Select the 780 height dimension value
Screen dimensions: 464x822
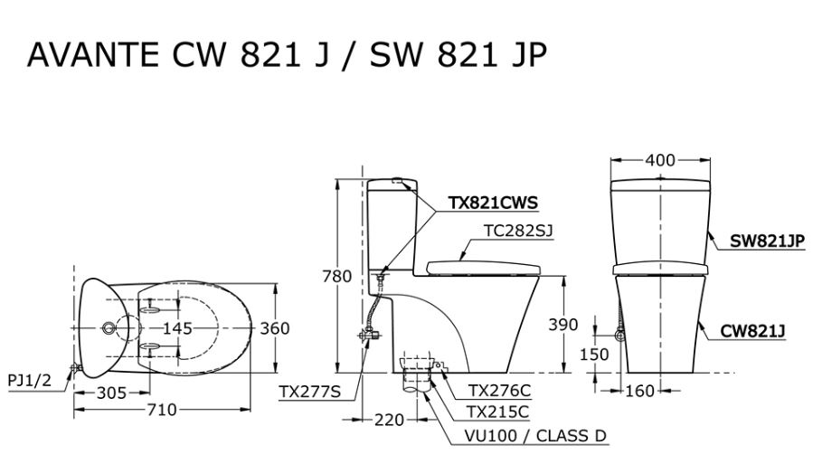coord(337,276)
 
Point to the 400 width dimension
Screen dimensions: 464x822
coord(660,160)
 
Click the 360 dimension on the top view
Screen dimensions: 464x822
coord(274,328)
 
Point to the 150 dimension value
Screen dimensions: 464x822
coord(594,355)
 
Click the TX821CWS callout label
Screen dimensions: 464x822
coord(495,204)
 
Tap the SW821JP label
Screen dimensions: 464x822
coord(768,241)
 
